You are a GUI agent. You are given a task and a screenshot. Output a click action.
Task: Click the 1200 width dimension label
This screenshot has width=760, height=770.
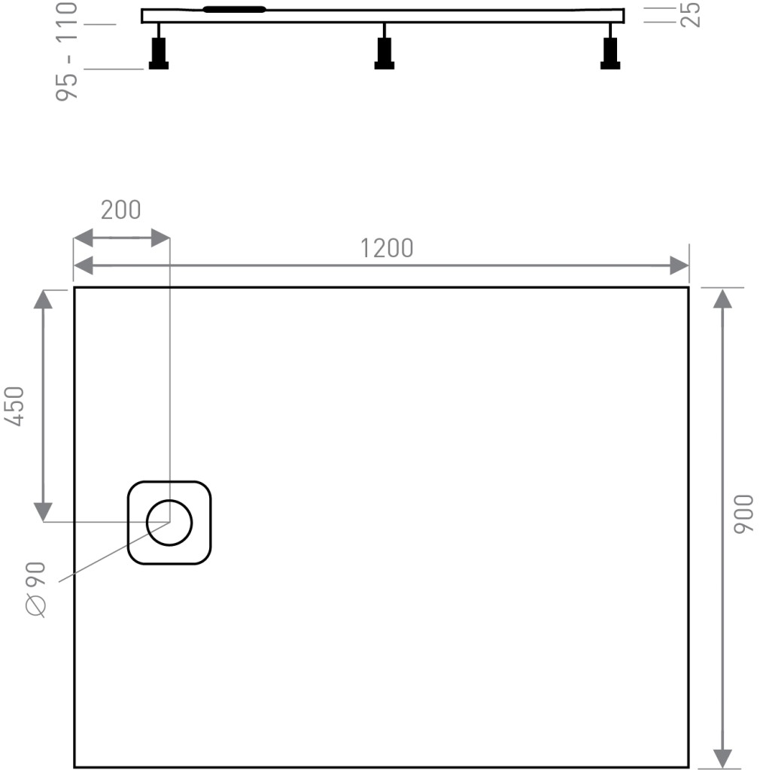[387, 248]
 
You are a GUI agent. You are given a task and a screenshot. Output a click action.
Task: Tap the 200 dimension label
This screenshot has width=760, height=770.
[121, 211]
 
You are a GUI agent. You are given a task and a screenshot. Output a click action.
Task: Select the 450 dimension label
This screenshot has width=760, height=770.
[14, 406]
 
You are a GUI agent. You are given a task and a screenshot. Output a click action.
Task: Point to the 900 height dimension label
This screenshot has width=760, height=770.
[743, 514]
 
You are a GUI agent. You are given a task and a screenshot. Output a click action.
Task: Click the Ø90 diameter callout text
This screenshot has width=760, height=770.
[36, 590]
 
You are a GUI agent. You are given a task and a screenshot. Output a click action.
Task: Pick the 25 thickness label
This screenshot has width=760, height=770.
[691, 15]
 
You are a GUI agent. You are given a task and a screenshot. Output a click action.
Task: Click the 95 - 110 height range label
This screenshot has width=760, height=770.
[67, 52]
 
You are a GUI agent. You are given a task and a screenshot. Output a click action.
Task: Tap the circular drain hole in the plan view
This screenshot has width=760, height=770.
[169, 523]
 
